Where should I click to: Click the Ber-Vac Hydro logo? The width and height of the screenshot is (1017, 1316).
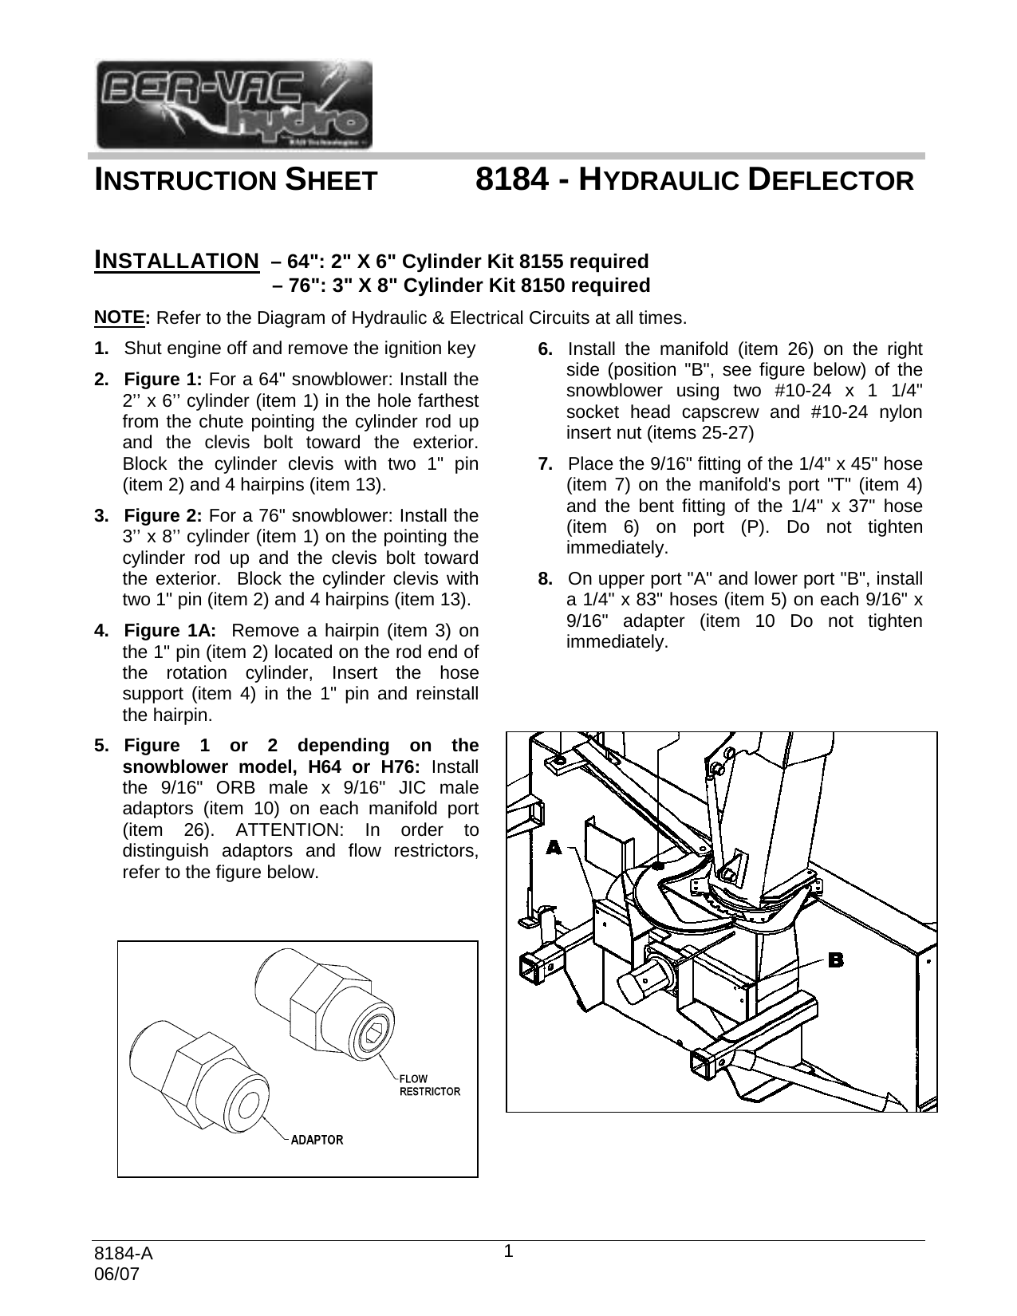tap(234, 104)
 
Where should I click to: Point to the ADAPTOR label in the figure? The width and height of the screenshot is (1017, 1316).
tap(317, 1140)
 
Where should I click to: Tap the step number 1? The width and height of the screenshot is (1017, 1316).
tap(101, 349)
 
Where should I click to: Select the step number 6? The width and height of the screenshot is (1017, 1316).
tap(546, 349)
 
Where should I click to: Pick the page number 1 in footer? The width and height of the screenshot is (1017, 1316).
tap(507, 1251)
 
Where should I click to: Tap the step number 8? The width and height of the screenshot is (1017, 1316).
tap(546, 577)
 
